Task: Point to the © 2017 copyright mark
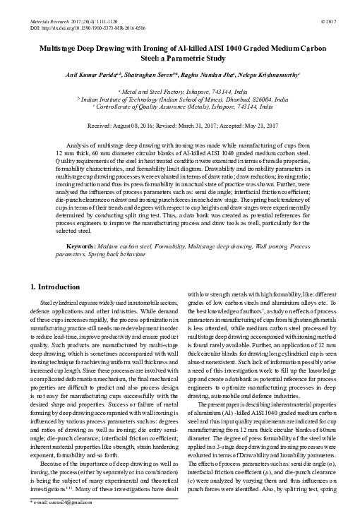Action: click(x=328, y=13)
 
